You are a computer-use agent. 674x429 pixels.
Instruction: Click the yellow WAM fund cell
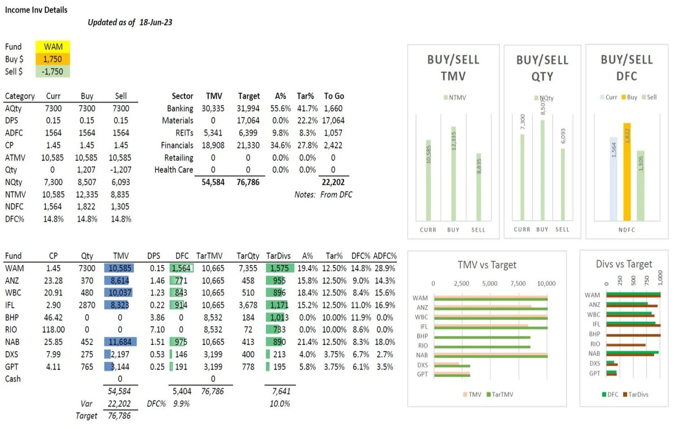click(x=53, y=47)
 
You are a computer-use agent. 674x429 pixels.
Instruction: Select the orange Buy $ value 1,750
click(x=53, y=59)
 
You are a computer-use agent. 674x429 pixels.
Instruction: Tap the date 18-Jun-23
click(x=155, y=22)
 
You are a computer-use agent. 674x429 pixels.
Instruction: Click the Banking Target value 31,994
click(x=248, y=108)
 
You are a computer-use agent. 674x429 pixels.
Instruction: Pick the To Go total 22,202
click(x=333, y=182)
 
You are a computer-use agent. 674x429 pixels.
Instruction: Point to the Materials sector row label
click(x=177, y=120)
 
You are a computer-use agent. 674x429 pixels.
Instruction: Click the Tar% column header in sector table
click(x=305, y=96)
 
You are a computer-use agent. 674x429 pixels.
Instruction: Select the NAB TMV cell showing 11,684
click(x=120, y=342)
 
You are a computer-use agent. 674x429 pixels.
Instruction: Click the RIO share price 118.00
click(x=53, y=330)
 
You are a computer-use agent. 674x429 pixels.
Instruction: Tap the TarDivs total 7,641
click(x=281, y=391)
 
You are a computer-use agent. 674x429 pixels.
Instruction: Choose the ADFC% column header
click(x=385, y=256)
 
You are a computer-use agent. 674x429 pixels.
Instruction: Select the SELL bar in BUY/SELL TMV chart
click(x=479, y=186)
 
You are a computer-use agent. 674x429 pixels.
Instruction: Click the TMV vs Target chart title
click(x=487, y=265)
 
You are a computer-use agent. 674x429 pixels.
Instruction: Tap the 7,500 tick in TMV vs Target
click(x=518, y=283)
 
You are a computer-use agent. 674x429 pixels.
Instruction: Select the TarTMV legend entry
click(x=500, y=394)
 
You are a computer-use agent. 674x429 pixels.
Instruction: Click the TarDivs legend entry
click(x=635, y=394)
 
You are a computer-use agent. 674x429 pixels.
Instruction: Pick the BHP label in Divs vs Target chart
click(x=594, y=334)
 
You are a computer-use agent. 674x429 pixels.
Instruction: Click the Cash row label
click(x=13, y=379)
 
